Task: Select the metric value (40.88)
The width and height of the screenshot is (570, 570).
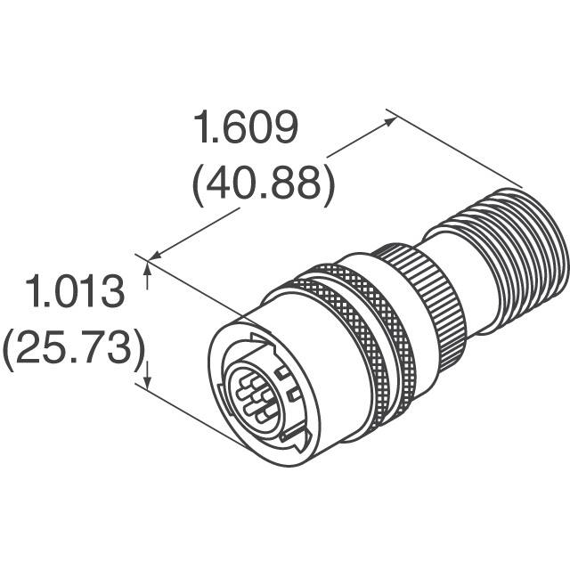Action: coord(263,183)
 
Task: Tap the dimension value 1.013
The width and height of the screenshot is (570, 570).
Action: coord(74,293)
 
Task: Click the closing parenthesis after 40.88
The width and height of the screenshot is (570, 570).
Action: coord(327,183)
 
